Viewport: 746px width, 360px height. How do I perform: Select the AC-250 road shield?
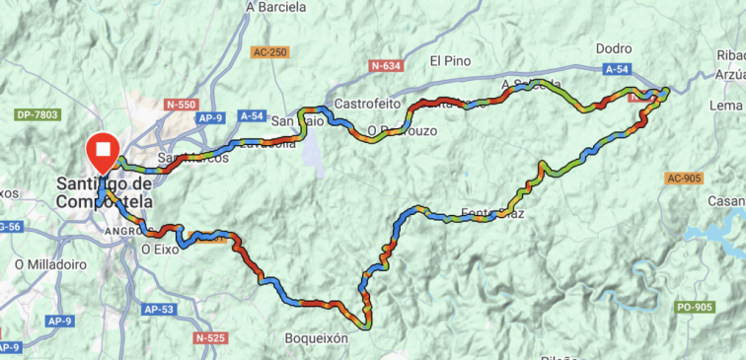[x=269, y=52]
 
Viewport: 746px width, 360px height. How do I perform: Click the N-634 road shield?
[x=386, y=66]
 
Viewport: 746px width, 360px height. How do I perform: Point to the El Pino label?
[x=450, y=60]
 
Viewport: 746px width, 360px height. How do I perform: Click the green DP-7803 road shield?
[x=37, y=115]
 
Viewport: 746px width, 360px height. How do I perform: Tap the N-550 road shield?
[x=183, y=103]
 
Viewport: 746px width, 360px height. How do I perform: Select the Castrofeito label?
[x=367, y=104]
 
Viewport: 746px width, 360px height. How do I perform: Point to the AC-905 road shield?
[x=685, y=179]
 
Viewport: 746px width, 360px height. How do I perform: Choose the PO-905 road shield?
[x=696, y=308]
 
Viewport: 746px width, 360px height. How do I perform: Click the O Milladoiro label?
[x=47, y=264]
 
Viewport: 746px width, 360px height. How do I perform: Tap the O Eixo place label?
[x=159, y=251]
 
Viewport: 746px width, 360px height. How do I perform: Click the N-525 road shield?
[x=213, y=338]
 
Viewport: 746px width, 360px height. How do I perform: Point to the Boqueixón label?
[x=316, y=338]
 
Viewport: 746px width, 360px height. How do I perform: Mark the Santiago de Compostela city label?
[x=104, y=192]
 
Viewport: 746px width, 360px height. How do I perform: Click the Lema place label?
[x=725, y=106]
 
